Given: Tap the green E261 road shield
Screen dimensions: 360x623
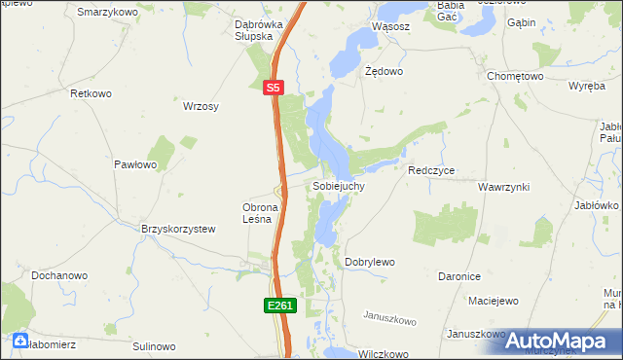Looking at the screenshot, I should pos(279,306).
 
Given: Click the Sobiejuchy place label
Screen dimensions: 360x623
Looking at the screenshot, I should pos(339,185).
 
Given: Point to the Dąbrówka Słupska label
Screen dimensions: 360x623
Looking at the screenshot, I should pos(258,30).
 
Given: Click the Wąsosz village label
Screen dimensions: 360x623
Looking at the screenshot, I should pos(390,27).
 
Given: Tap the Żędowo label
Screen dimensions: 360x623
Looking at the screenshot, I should pos(384,72).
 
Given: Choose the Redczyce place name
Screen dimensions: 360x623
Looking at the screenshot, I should pos(432,170).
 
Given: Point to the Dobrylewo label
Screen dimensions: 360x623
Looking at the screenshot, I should pos(370,263).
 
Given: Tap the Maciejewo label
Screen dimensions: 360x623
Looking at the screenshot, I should pos(492,301).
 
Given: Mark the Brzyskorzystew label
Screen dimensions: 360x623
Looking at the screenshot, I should pos(177,229).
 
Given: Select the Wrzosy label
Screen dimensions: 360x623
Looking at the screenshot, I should pos(201,106).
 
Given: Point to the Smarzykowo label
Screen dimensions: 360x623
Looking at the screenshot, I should pos(107,12).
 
